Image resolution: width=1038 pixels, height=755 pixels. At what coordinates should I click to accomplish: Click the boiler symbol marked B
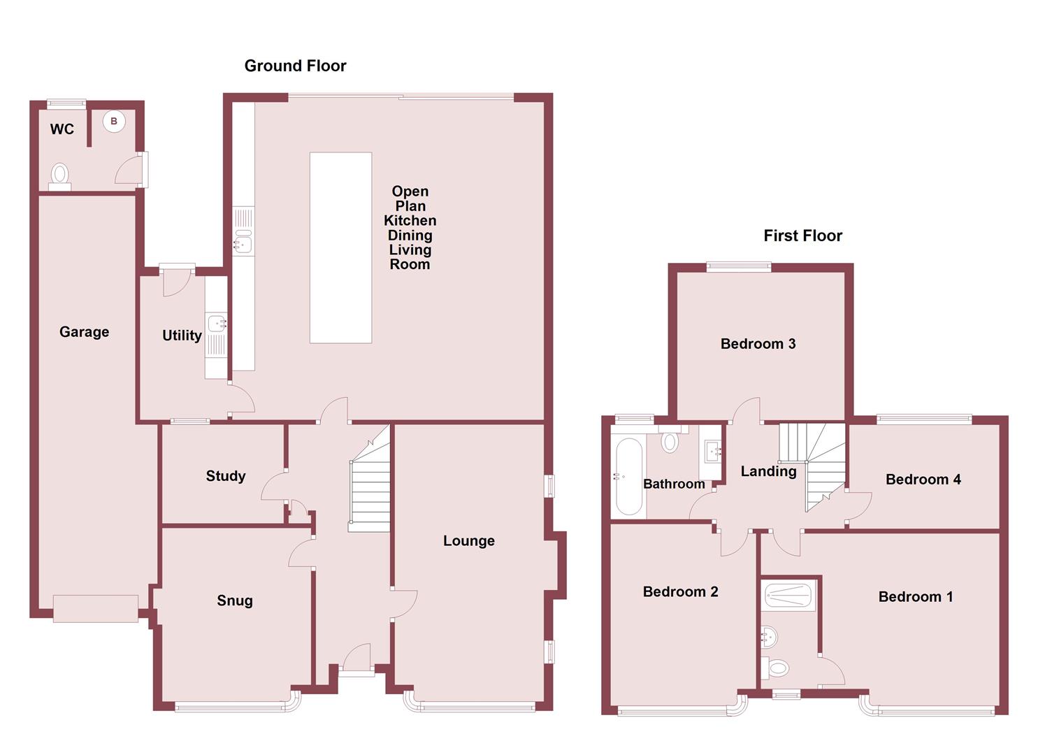114,122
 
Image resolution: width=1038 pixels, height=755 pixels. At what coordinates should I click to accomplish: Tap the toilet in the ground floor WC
61,175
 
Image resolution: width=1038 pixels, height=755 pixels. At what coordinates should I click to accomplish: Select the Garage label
84,332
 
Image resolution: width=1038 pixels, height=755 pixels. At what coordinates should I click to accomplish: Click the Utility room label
182,336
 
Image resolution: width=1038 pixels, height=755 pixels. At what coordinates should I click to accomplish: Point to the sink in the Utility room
217,324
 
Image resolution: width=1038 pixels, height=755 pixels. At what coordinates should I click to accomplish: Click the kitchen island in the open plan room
340,247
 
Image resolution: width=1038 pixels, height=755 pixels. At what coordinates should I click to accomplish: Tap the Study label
226,476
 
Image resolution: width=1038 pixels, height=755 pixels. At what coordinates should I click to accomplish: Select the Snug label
235,601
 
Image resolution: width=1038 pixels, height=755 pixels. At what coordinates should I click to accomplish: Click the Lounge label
469,540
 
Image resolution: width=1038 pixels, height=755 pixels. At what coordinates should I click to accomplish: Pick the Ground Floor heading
295,66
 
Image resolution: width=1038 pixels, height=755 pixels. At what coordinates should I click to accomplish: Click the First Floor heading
802,236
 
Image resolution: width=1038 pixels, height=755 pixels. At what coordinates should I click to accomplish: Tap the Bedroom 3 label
758,343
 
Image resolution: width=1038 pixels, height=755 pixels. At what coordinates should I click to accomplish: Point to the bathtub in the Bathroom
629,477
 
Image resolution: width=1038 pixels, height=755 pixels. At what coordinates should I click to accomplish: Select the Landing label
768,471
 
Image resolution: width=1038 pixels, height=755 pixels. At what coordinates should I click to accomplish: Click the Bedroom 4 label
923,479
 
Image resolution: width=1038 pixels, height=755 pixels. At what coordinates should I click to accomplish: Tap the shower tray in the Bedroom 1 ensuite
788,596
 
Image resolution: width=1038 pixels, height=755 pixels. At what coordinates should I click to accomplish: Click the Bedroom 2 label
680,592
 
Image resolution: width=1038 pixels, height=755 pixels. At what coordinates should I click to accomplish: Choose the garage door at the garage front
96,608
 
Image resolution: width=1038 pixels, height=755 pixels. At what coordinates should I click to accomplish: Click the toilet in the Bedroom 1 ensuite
777,668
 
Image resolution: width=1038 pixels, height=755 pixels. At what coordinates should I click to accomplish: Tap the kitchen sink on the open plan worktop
243,243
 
